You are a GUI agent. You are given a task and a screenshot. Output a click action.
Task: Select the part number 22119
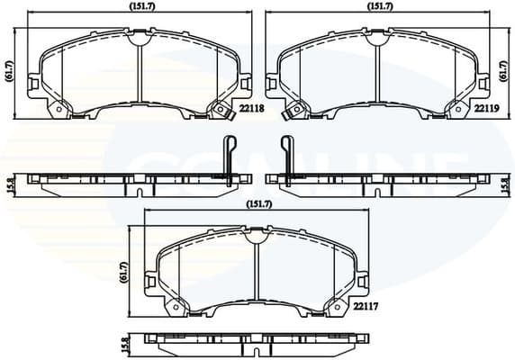point(487,108)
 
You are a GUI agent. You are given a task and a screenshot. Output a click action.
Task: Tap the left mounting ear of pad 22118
point(34,85)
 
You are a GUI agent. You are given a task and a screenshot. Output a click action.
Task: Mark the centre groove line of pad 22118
point(139,72)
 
